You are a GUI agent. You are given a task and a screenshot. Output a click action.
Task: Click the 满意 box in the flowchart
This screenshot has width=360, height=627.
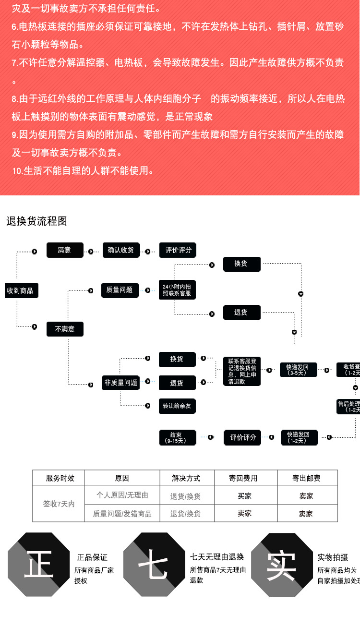tap(64, 250)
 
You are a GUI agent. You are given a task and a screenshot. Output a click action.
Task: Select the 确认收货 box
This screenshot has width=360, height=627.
tap(121, 250)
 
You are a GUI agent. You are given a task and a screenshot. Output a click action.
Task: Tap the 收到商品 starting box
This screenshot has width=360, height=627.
tap(20, 290)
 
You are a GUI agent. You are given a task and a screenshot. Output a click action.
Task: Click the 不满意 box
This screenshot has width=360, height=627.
tap(65, 329)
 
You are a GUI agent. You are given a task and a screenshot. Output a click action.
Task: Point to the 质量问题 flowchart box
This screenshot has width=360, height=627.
tap(120, 290)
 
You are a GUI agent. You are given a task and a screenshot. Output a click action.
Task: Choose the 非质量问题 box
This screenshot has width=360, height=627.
tap(121, 383)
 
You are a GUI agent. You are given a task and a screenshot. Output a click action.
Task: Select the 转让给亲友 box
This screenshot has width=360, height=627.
tap(177, 406)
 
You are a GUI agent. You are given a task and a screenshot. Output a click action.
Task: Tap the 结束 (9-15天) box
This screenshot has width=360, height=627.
tap(177, 437)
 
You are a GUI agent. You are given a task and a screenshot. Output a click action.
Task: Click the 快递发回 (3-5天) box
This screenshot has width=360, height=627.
tap(299, 370)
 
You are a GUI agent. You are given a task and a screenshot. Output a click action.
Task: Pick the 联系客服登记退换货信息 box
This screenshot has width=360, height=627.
tap(242, 371)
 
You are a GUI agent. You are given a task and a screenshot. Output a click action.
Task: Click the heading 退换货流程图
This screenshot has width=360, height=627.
tap(37, 221)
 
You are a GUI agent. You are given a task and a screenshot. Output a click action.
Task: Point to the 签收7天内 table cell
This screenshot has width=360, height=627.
tap(59, 504)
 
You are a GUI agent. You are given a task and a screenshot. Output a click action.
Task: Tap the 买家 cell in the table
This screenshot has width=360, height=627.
tap(245, 496)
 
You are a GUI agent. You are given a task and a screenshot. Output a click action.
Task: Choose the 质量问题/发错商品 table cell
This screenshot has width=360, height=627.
tap(122, 514)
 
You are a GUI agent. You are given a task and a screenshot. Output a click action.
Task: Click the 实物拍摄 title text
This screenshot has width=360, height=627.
tap(332, 557)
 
